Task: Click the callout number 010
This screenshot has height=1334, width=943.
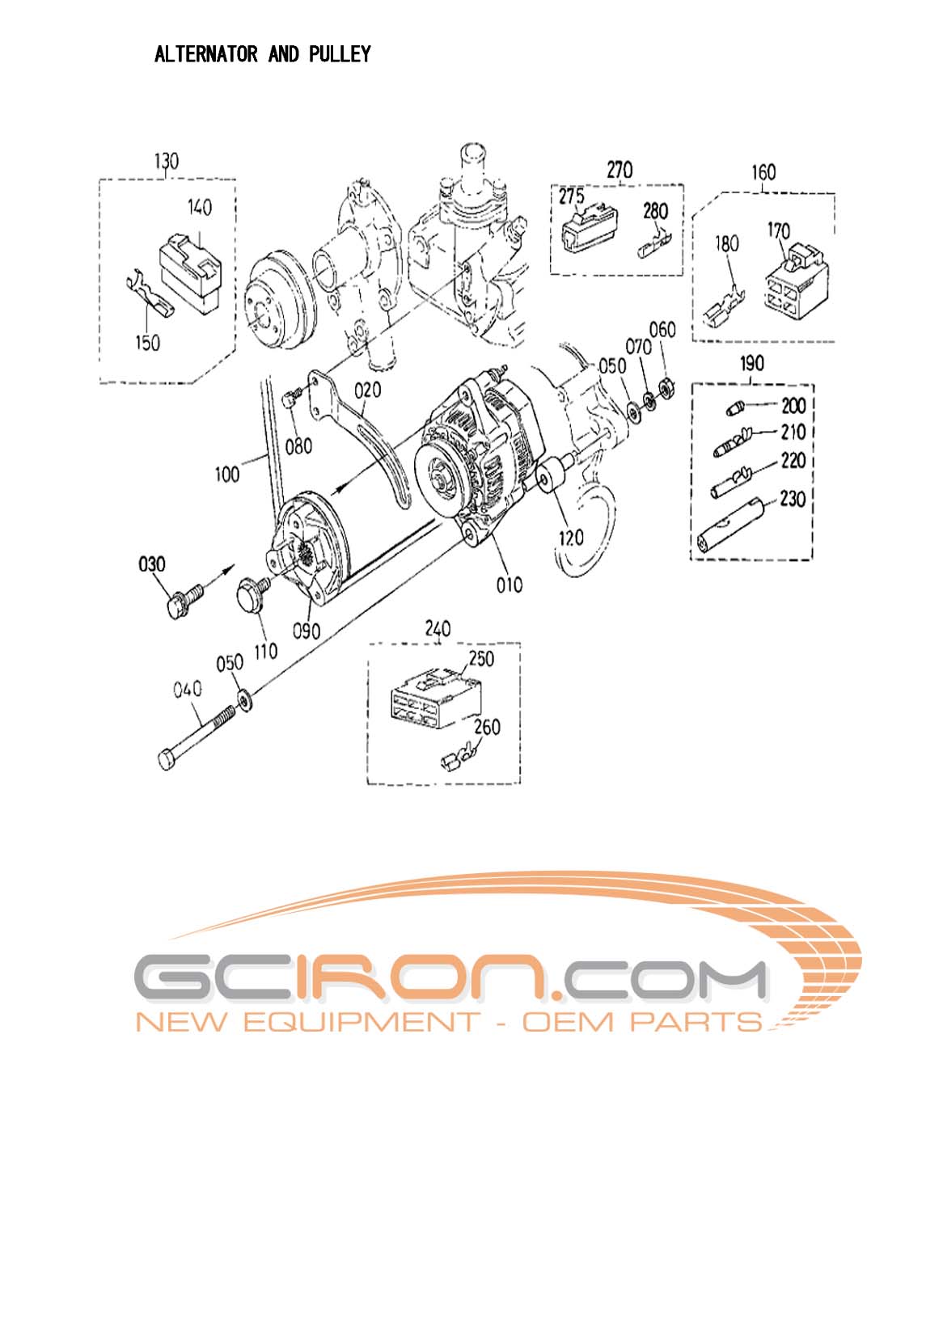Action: [509, 584]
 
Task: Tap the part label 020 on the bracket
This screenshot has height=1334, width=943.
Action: [367, 390]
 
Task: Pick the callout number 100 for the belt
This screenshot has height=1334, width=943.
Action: [227, 473]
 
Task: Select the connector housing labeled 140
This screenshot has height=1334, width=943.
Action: [192, 268]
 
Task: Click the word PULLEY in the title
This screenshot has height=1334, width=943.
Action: [340, 54]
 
